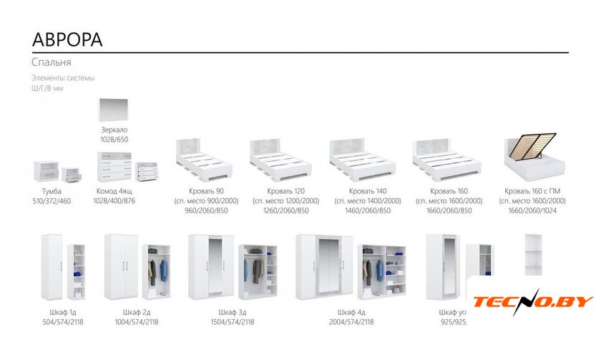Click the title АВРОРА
point(68,39)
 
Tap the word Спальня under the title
point(51,62)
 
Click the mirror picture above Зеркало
point(116,112)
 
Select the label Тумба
point(52,192)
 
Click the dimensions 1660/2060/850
point(449,210)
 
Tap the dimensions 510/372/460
point(52,201)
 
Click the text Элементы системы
point(63,77)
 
